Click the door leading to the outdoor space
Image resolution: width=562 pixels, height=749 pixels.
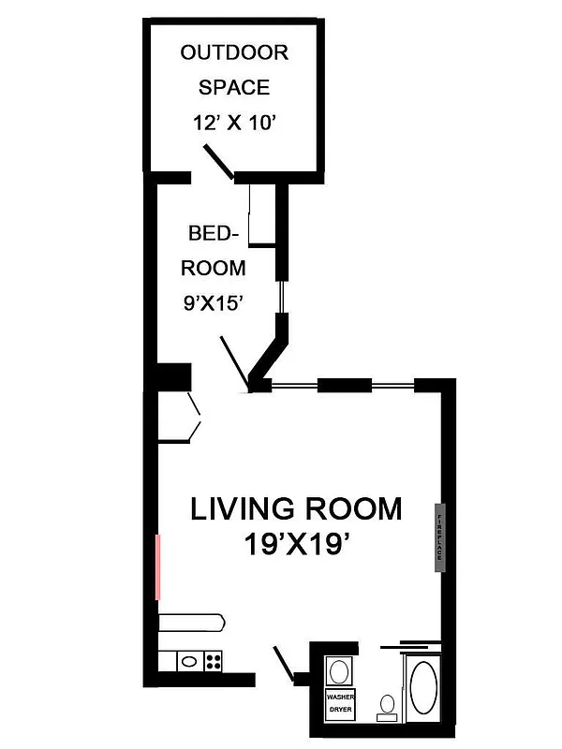click(x=220, y=161)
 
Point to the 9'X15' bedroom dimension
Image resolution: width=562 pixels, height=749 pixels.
click(x=213, y=302)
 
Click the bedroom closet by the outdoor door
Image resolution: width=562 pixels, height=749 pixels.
click(x=260, y=215)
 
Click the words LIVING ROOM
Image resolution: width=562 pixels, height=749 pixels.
click(x=296, y=509)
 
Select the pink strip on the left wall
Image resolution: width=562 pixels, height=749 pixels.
click(x=157, y=566)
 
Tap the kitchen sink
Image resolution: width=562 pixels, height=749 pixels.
click(x=188, y=661)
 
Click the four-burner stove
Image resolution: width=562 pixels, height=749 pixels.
click(x=213, y=661)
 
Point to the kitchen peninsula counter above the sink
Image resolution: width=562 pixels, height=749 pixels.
click(x=191, y=621)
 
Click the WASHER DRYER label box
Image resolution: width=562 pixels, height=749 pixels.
click(x=338, y=704)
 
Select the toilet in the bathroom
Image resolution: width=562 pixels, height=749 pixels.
click(x=386, y=706)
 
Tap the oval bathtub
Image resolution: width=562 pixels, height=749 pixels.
click(x=423, y=689)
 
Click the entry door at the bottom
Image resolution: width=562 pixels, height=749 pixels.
click(x=284, y=663)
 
